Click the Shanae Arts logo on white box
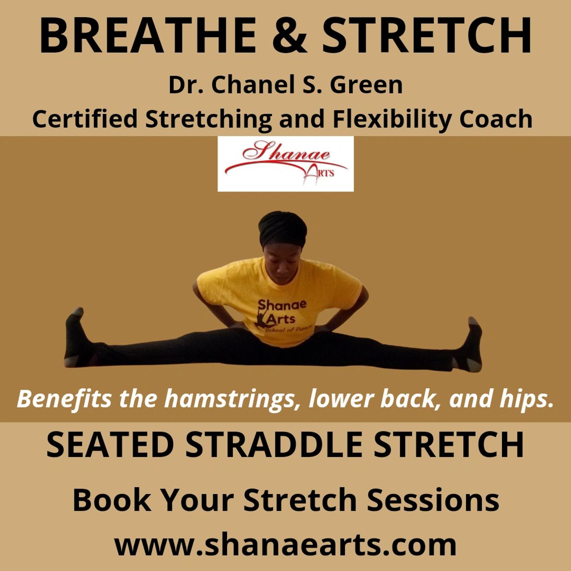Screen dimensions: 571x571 285,164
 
